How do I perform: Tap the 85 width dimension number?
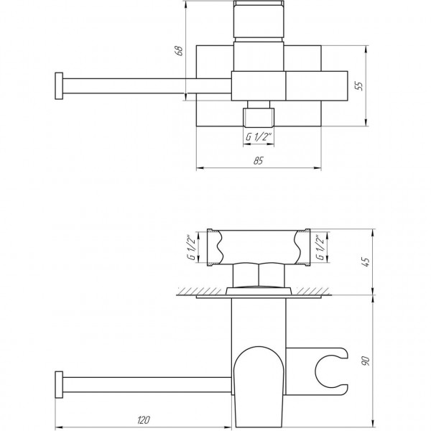point(259,162)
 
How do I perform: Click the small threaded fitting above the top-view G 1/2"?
point(258,116)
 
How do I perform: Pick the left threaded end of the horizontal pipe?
point(210,248)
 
